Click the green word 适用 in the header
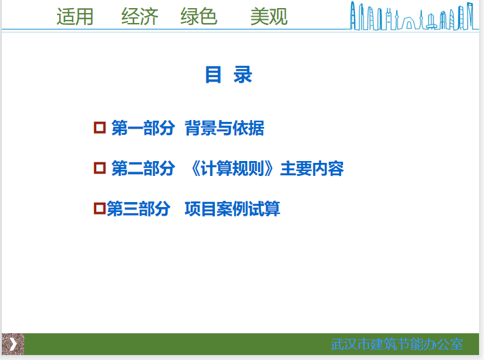(75, 16)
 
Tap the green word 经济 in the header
(140, 16)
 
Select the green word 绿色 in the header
(199, 16)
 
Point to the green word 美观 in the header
(269, 16)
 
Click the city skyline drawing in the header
(412, 16)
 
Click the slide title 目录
(229, 75)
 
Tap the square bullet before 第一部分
(99, 127)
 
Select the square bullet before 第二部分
(99, 168)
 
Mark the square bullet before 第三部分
(99, 208)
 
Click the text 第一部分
(144, 128)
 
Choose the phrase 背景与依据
(224, 128)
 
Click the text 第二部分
(144, 168)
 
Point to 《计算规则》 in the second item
(232, 168)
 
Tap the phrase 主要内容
(312, 168)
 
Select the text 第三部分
(139, 208)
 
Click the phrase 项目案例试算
(232, 208)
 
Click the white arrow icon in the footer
(13, 344)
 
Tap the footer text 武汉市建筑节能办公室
(397, 344)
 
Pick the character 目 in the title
(213, 75)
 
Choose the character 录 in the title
(243, 75)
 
